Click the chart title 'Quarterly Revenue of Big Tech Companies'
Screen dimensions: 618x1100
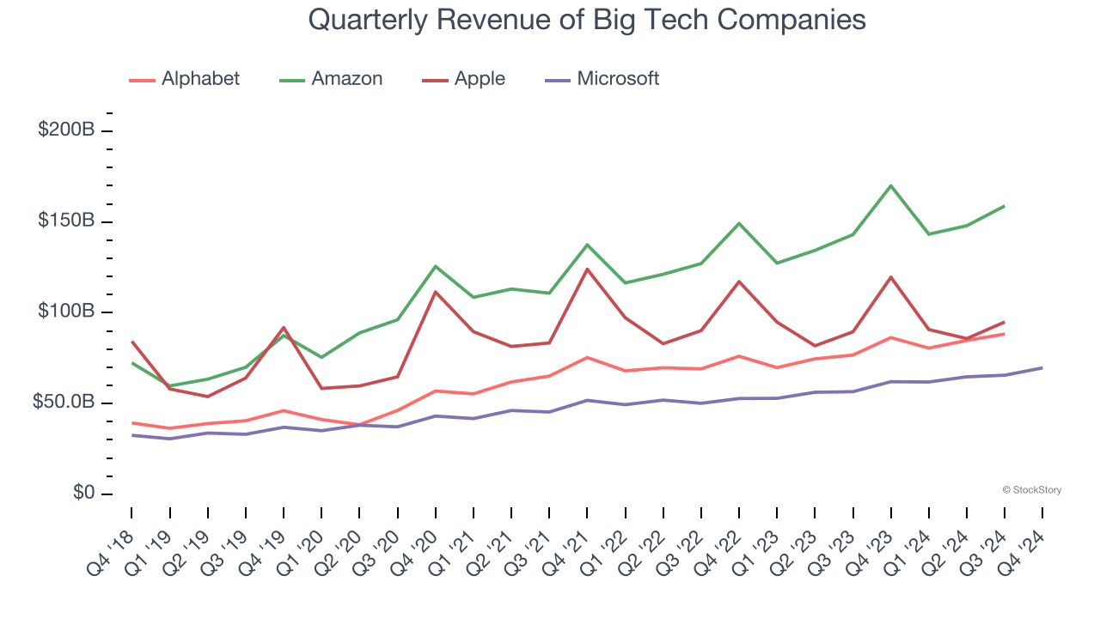pos(587,20)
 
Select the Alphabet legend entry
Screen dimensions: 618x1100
pos(185,79)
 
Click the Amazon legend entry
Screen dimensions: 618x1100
pos(332,79)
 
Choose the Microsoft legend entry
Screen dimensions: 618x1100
pos(603,79)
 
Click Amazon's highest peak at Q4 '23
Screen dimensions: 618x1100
pos(891,185)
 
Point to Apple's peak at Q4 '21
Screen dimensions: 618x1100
pos(587,270)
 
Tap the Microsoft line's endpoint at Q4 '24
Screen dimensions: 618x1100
pos(1042,368)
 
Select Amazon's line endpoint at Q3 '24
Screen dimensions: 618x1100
pos(1004,206)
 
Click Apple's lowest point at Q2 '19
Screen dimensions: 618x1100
pos(208,397)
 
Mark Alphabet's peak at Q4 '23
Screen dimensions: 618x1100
pos(891,337)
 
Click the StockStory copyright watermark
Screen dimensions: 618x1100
pos(1031,490)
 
